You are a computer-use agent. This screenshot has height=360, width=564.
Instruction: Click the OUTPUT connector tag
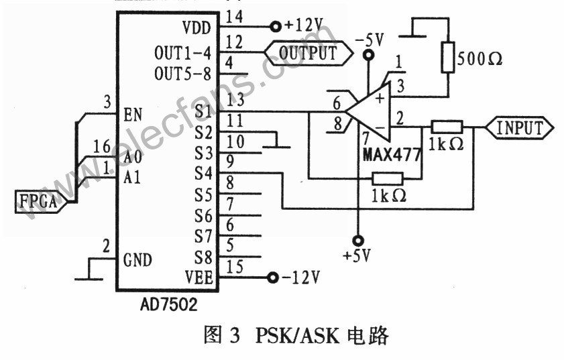pyautogui.click(x=307, y=52)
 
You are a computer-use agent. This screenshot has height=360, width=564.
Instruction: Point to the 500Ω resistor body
pyautogui.click(x=447, y=57)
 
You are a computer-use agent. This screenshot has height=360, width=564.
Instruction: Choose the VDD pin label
pyautogui.click(x=196, y=28)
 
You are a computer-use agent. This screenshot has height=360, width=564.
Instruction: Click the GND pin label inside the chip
pyautogui.click(x=137, y=259)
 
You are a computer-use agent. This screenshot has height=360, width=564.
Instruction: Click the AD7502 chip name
pyautogui.click(x=164, y=305)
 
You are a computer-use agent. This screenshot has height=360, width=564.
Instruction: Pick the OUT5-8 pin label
pyautogui.click(x=183, y=72)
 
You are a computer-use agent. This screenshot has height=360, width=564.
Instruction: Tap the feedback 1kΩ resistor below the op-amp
pyautogui.click(x=387, y=178)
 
